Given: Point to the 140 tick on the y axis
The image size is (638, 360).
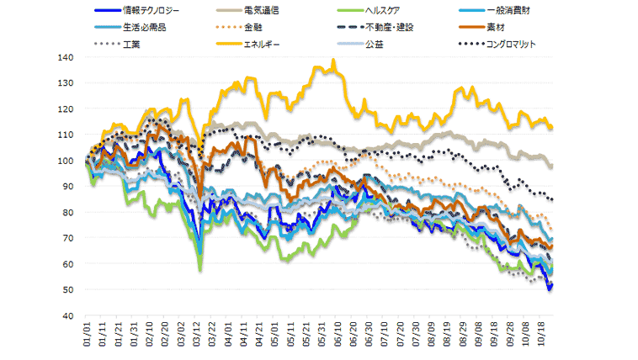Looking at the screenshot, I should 66,57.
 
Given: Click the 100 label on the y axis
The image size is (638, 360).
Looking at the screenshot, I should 66,161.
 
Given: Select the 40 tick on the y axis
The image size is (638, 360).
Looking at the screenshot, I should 68,315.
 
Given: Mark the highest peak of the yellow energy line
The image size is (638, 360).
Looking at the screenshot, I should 334,61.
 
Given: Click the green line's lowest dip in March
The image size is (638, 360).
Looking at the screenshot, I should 200,269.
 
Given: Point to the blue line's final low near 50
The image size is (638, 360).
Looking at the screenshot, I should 549,289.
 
